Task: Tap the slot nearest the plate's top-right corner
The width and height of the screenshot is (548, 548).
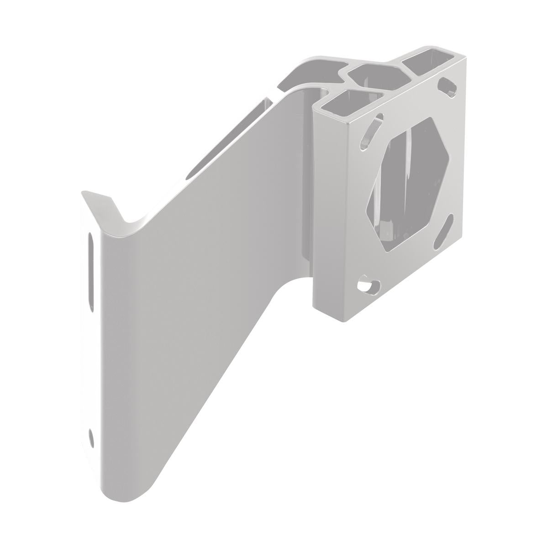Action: [x=448, y=86]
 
